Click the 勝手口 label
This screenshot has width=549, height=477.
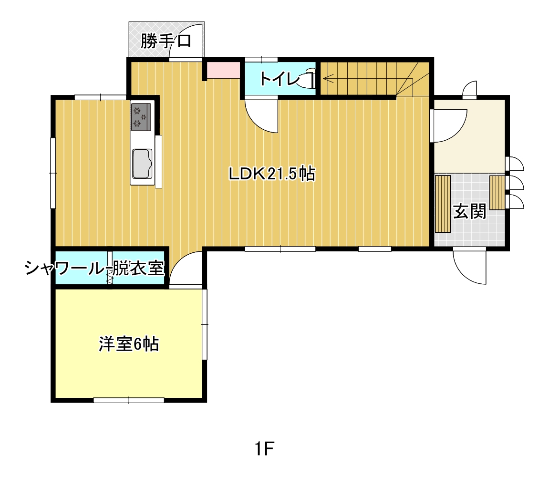166,41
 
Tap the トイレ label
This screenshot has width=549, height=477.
279,79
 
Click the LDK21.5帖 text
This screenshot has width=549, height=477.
272,173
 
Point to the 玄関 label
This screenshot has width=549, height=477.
469,211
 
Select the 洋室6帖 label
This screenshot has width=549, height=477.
129,344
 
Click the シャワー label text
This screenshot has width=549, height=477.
65,269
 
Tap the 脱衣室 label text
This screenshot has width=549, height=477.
138,269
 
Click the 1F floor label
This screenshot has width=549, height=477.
264,449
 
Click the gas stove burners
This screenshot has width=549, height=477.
141,117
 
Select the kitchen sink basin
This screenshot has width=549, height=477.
142,164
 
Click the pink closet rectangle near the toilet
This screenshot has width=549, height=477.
223,71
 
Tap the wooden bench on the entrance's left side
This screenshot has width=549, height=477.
443,204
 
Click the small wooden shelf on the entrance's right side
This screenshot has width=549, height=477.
497,193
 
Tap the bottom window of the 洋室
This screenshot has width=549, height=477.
129,400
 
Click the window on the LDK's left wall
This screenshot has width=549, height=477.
53,173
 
